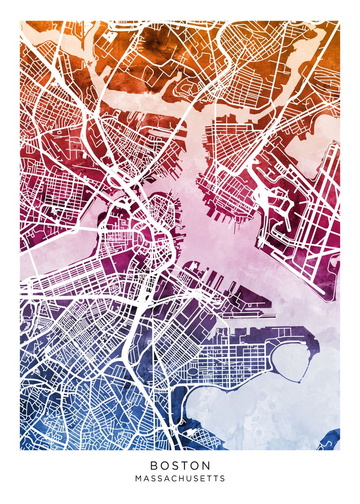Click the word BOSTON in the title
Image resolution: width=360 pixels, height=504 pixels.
[x=180, y=465]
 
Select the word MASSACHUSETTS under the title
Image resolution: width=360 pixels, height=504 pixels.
[x=180, y=478]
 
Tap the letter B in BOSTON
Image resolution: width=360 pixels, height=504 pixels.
[x=154, y=465]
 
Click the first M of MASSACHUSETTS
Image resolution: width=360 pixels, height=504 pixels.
[x=138, y=478]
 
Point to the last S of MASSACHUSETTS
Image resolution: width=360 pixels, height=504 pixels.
[x=223, y=478]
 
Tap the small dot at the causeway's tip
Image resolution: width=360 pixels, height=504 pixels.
[x=299, y=382]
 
